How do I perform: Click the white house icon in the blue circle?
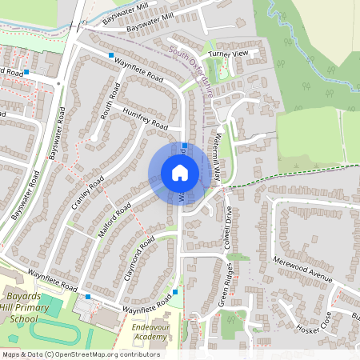180,173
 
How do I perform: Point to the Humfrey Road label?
146,119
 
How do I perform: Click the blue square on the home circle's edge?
184,146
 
